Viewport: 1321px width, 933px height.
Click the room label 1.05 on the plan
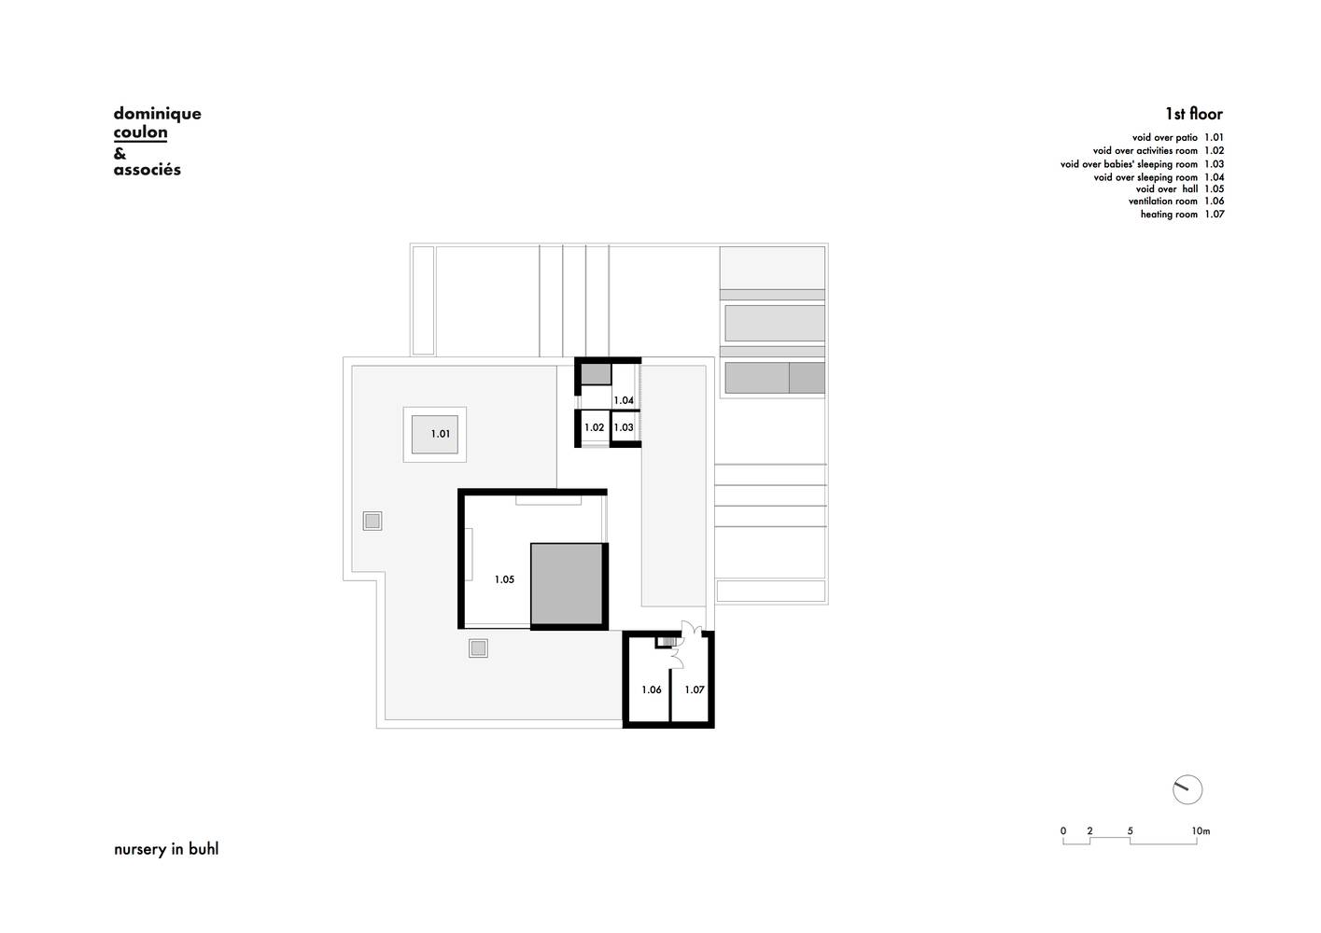tap(504, 579)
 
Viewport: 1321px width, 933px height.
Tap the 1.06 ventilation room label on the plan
tap(651, 689)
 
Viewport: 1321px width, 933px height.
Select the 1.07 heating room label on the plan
tap(695, 689)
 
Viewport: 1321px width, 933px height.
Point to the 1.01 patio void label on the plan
tap(440, 434)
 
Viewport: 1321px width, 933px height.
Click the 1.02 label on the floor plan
tap(594, 427)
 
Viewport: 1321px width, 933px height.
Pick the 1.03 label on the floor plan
tap(624, 427)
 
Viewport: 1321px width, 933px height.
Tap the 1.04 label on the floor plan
tap(624, 400)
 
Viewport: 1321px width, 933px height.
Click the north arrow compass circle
tap(1187, 789)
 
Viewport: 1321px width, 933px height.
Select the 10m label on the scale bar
tap(1201, 831)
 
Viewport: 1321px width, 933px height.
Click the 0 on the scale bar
tap(1063, 831)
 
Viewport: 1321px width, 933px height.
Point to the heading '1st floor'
tap(1194, 113)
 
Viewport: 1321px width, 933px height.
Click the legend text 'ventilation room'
tap(1163, 201)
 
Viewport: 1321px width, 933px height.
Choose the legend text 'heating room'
tap(1169, 214)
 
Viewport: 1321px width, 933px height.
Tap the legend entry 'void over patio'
tap(1165, 137)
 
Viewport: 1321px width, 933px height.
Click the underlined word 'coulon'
tap(140, 132)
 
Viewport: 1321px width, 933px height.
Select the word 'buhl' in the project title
tap(204, 849)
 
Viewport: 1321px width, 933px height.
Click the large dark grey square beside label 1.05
tap(567, 584)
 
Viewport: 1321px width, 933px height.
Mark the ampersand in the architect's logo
tap(119, 153)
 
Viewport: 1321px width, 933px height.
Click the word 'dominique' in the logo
tap(158, 114)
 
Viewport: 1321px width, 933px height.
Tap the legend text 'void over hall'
tap(1166, 188)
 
